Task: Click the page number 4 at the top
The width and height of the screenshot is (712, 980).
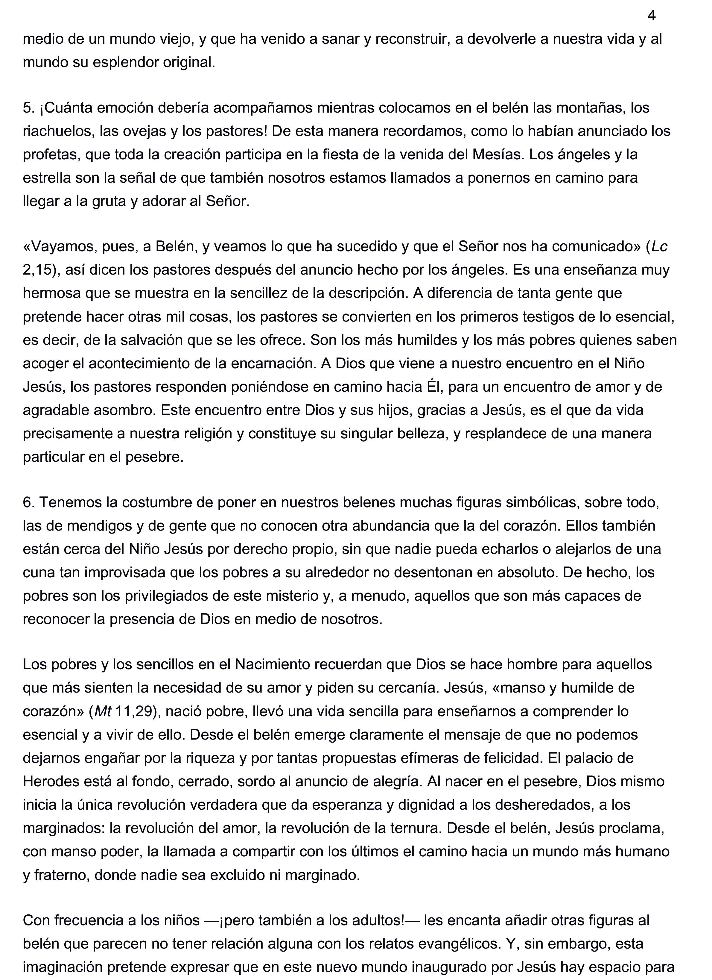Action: [x=652, y=16]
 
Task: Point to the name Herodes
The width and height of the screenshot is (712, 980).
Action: [x=51, y=781]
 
